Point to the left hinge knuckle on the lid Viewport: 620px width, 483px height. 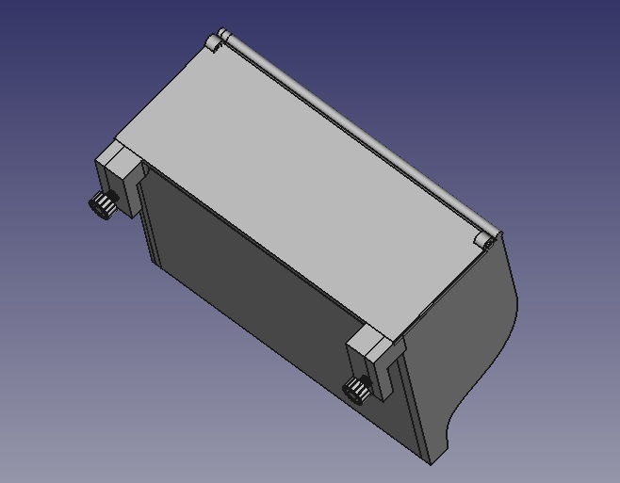pyautogui.click(x=218, y=40)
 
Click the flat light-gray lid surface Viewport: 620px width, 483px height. pyautogui.click(x=302, y=179)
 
